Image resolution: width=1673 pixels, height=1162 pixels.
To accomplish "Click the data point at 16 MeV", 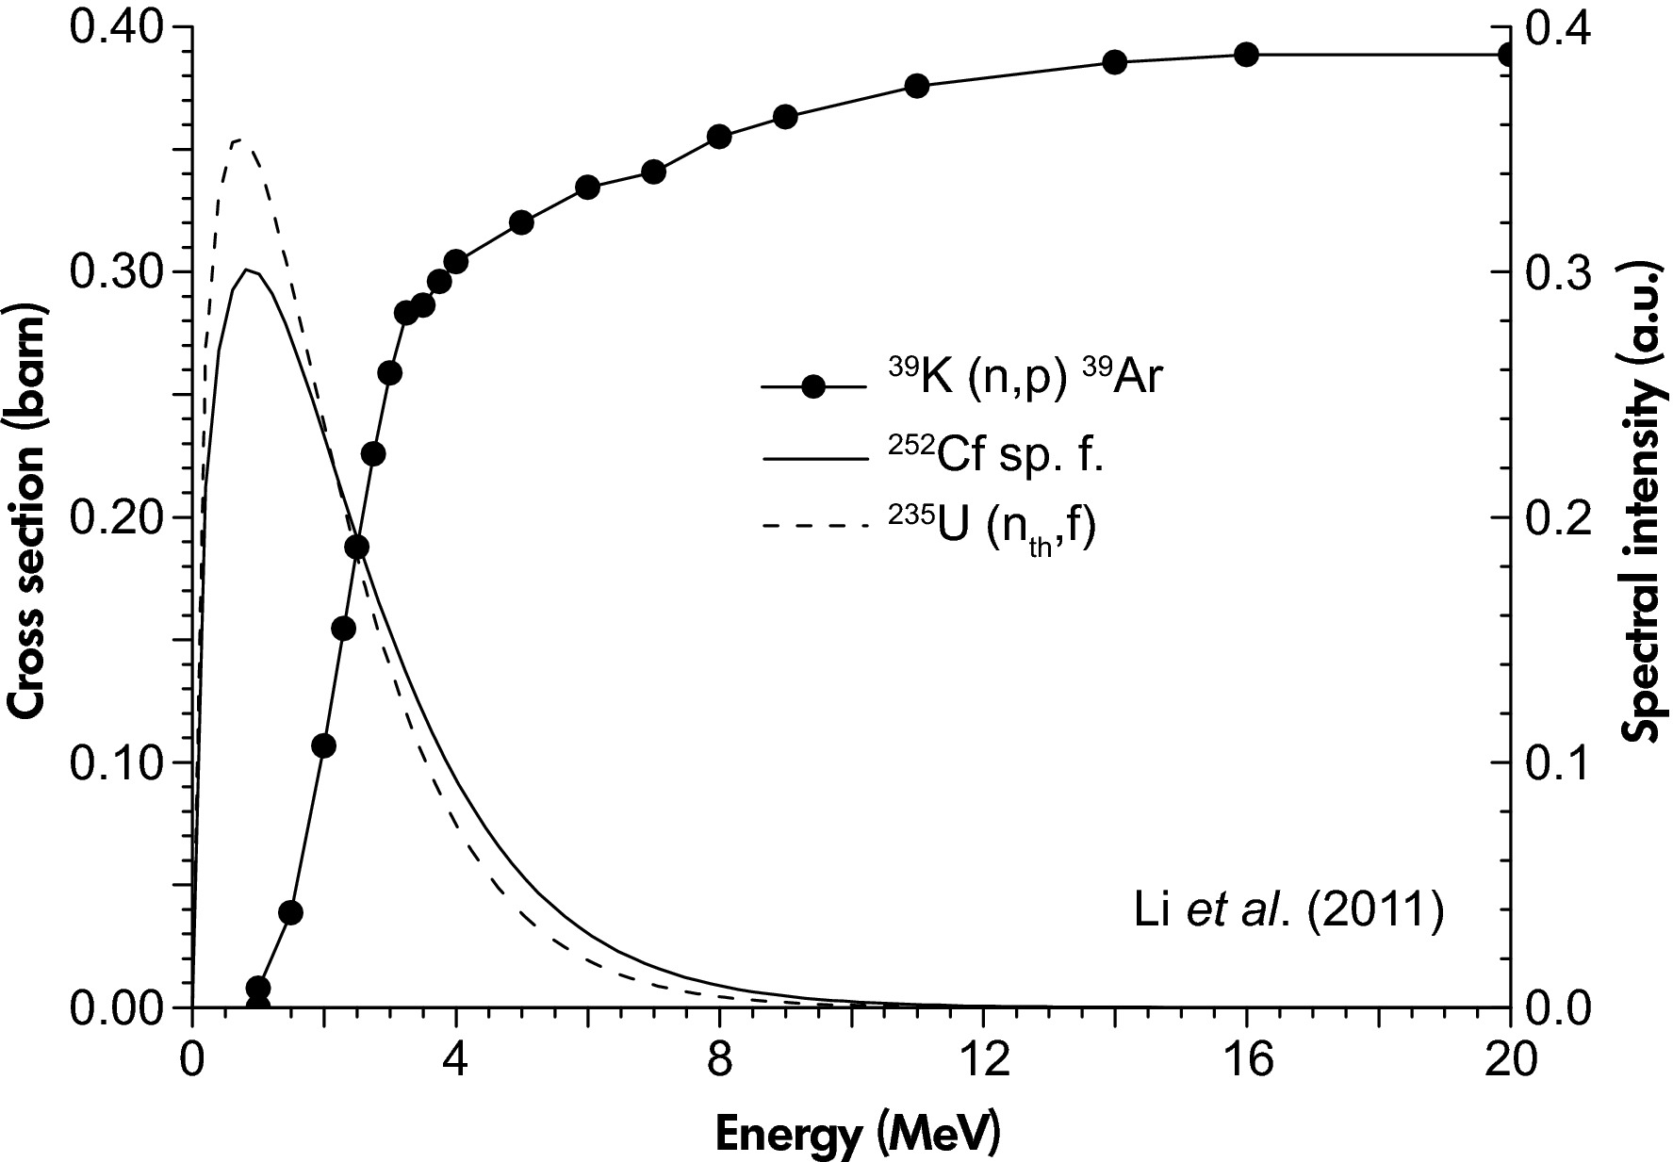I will tap(1246, 55).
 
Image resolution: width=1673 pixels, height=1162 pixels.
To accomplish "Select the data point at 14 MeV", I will tap(1114, 62).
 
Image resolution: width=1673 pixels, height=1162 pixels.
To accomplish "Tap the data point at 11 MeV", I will tap(917, 86).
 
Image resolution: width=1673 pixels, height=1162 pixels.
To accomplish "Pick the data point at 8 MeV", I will tap(719, 137).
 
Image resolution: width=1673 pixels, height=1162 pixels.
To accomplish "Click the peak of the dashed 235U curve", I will tap(237, 140).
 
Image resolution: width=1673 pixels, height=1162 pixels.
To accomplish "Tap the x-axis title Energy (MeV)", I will tap(857, 1136).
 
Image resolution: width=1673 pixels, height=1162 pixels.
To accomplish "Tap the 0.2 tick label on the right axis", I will tap(1560, 517).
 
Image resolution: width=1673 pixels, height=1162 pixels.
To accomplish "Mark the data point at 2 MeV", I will tap(323, 746).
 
